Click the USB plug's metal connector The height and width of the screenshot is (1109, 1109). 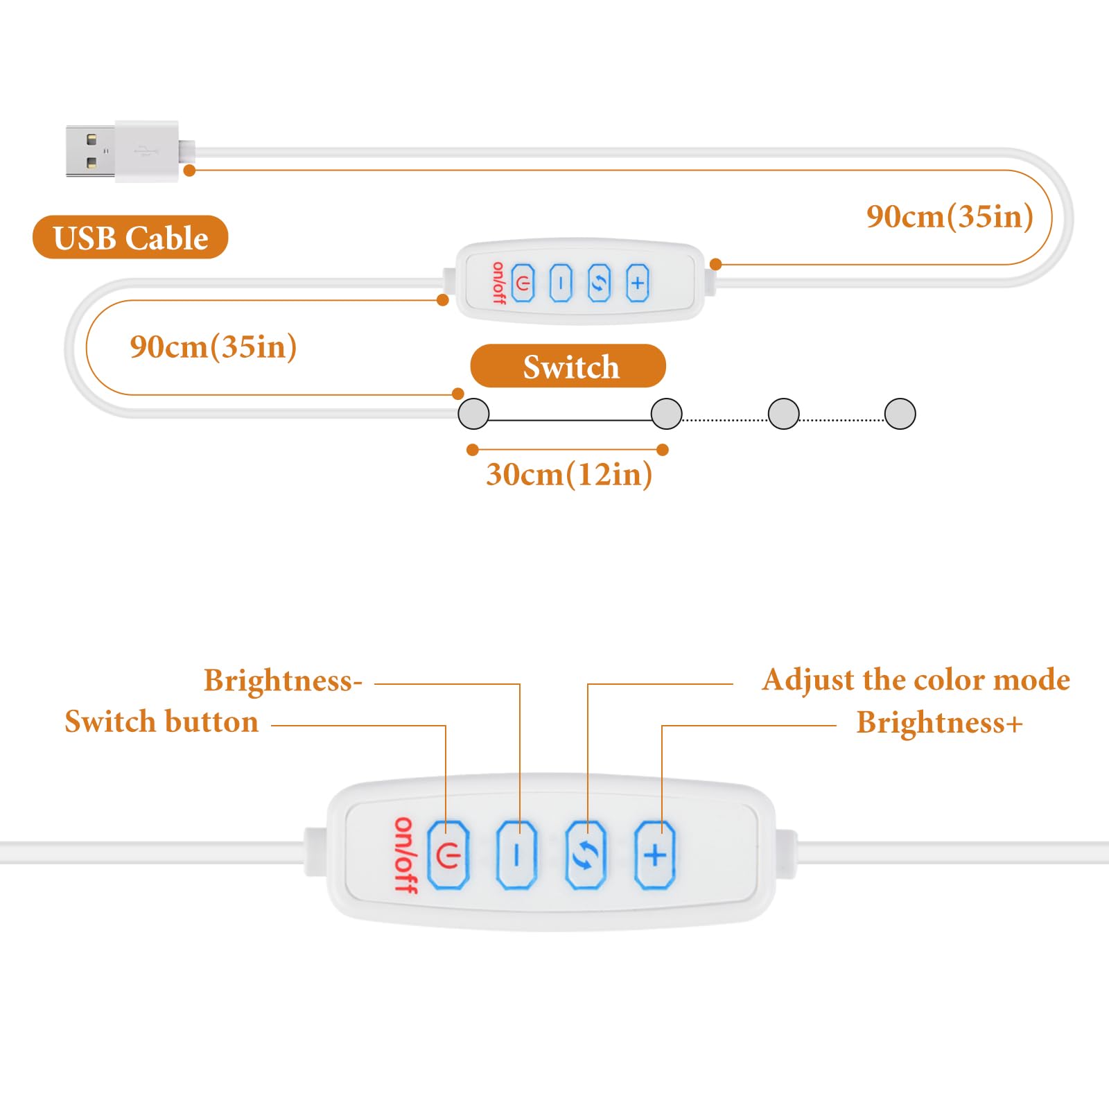point(90,151)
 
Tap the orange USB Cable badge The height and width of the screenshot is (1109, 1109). point(130,238)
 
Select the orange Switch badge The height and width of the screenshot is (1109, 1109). point(568,366)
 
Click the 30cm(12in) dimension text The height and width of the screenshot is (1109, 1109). point(569,475)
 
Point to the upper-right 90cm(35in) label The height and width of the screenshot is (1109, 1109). point(950,217)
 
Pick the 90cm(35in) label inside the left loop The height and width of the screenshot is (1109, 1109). point(213,347)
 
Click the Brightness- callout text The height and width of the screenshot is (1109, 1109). point(283,681)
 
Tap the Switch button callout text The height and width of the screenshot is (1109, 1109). point(161,722)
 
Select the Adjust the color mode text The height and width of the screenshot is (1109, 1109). point(916,680)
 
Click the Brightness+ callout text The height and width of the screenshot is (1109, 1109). point(939,723)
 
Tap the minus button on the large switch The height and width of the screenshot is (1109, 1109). point(516,855)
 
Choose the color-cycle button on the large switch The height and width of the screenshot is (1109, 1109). point(586,855)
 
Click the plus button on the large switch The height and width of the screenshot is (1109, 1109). point(655,855)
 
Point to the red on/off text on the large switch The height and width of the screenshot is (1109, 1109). point(405,855)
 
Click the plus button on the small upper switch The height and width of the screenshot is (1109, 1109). point(637,283)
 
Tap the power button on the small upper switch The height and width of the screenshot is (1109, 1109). point(523,283)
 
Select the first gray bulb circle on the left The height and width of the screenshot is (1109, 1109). point(474,414)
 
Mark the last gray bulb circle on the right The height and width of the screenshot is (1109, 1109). point(900,414)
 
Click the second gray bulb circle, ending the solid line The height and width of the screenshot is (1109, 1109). point(667,414)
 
